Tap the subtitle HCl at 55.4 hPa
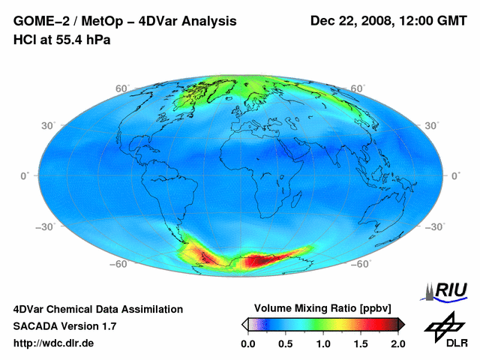click(61, 40)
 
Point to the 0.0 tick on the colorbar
click(248, 343)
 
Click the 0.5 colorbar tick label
click(286, 343)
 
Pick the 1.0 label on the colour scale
click(323, 343)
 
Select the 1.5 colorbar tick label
click(361, 343)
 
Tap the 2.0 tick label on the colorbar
click(397, 343)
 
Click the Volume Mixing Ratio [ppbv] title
click(322, 308)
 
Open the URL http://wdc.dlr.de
click(54, 343)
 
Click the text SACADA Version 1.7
click(64, 326)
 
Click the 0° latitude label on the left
click(24, 175)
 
